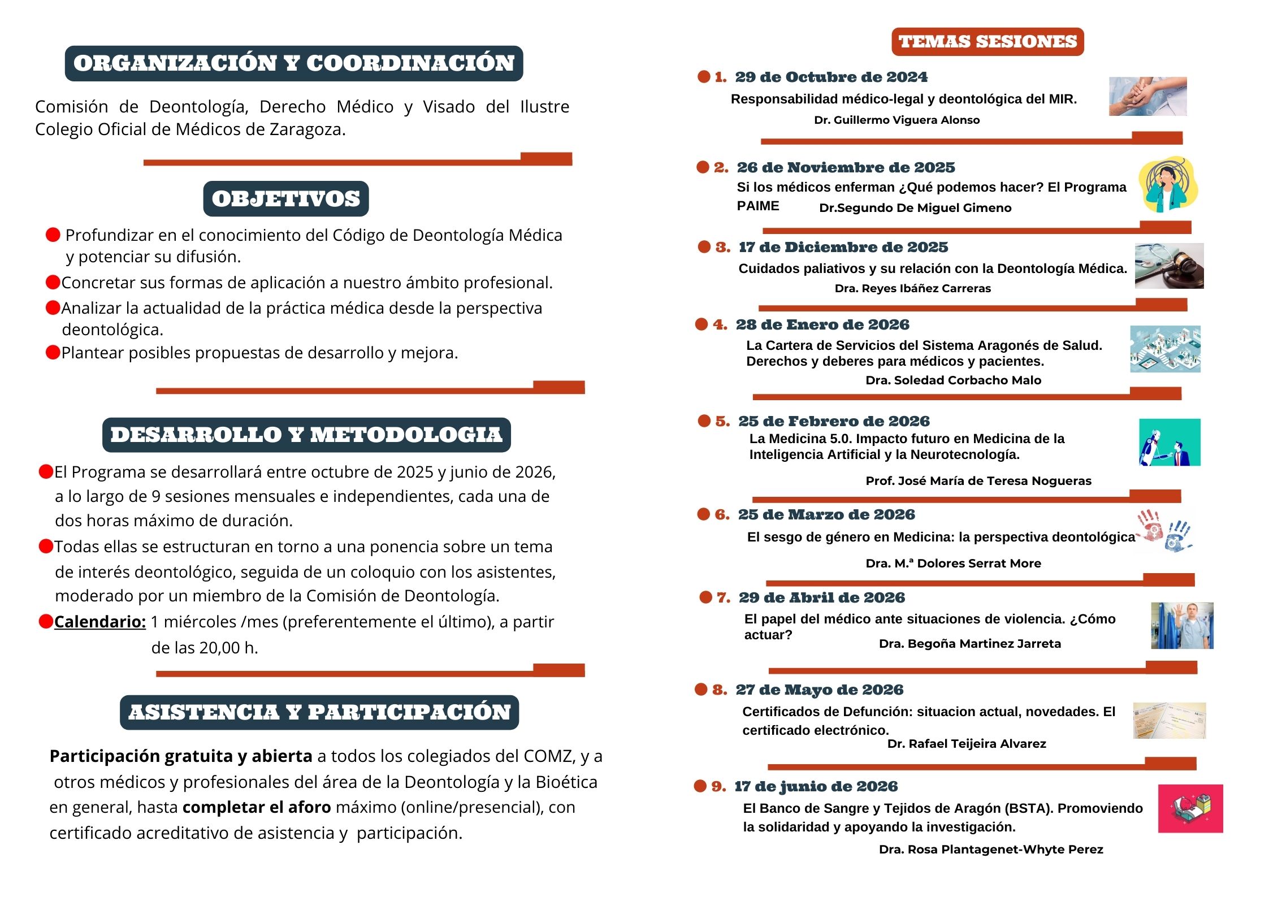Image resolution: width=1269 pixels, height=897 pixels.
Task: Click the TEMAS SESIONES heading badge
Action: pyautogui.click(x=988, y=42)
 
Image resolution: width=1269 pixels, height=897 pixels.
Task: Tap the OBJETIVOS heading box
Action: pyautogui.click(x=286, y=199)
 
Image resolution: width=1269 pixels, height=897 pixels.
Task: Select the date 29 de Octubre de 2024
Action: pyautogui.click(x=831, y=77)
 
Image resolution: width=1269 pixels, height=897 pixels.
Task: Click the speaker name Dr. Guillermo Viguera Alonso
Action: pyautogui.click(x=896, y=120)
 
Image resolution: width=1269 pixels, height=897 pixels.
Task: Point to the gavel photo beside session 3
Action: pyautogui.click(x=1169, y=266)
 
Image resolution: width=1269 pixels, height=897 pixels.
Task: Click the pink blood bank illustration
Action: pyautogui.click(x=1190, y=808)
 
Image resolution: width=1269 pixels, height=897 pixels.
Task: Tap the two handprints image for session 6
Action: pyautogui.click(x=1164, y=531)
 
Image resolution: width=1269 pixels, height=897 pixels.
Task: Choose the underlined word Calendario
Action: pyautogui.click(x=100, y=622)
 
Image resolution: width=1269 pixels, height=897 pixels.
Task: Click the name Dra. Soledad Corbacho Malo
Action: pyautogui.click(x=953, y=380)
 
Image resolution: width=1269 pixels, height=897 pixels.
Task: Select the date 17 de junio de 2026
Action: pyautogui.click(x=816, y=786)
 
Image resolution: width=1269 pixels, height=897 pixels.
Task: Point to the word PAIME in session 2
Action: pyautogui.click(x=757, y=206)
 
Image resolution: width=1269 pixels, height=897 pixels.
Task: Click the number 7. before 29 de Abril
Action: pyautogui.click(x=724, y=597)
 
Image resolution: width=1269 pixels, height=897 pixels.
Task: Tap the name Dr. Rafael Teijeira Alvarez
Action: pyautogui.click(x=967, y=744)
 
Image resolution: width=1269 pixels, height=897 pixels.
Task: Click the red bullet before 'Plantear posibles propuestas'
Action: pyautogui.click(x=53, y=353)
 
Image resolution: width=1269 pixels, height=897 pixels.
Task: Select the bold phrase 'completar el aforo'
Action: pyautogui.click(x=257, y=807)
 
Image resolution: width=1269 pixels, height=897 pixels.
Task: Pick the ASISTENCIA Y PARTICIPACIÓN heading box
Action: pyautogui.click(x=319, y=712)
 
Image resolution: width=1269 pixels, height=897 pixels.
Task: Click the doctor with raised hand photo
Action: pyautogui.click(x=1182, y=626)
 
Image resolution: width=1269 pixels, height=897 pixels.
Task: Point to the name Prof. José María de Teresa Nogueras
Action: pyautogui.click(x=978, y=481)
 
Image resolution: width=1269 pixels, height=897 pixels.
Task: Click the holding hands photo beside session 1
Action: pyautogui.click(x=1147, y=97)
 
